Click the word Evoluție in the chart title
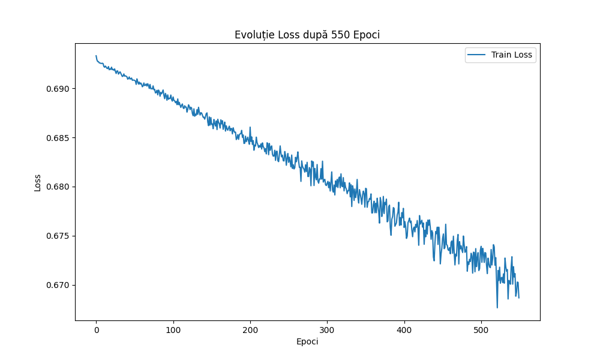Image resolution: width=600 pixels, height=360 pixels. coord(253,35)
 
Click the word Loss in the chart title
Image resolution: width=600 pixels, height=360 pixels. coord(286,35)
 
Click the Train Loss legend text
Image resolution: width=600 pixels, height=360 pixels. coord(512,55)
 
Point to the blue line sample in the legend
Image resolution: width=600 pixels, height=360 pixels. coord(478,55)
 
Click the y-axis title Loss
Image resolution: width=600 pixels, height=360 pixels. coord(37,182)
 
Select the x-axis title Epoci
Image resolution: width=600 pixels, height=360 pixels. coord(307,341)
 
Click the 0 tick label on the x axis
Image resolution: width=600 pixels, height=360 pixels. coord(96,330)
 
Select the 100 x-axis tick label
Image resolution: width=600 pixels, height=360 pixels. coord(173,330)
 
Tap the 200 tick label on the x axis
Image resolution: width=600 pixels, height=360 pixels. coord(250,330)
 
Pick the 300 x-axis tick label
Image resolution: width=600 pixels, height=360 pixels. coord(327,330)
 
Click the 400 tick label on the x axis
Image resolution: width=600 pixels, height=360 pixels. coord(404,330)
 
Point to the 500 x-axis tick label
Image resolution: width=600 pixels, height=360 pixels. coord(481,330)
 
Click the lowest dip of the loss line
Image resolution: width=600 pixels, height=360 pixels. coord(497,307)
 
